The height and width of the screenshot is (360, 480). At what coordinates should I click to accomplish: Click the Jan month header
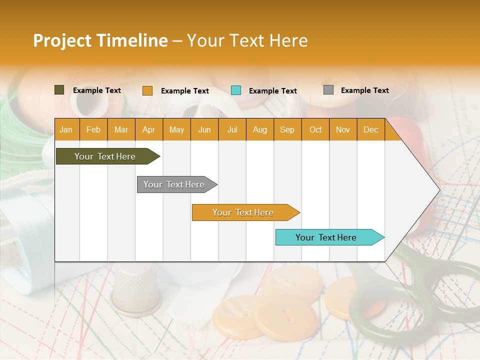click(66, 129)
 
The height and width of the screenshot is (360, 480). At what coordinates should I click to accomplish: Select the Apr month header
click(149, 129)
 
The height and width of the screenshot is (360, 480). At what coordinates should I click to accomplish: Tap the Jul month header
click(232, 129)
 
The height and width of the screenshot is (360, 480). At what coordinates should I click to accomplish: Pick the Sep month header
click(287, 129)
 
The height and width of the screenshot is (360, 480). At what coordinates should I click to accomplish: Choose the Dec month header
click(370, 129)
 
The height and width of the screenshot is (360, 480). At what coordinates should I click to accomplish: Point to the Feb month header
click(93, 129)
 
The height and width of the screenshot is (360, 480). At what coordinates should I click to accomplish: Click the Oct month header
click(315, 129)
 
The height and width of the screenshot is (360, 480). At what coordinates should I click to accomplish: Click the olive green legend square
click(59, 90)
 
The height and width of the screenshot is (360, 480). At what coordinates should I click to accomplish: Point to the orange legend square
click(147, 90)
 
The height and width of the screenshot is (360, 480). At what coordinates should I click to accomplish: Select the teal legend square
click(236, 90)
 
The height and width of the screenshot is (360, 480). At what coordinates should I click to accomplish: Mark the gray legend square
click(328, 90)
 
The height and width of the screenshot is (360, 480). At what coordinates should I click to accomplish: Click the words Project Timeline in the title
click(100, 40)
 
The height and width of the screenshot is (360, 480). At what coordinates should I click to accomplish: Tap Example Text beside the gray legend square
click(364, 90)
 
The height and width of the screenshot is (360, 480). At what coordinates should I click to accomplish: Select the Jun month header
click(204, 129)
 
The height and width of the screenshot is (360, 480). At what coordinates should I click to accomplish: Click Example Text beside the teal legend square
click(272, 91)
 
